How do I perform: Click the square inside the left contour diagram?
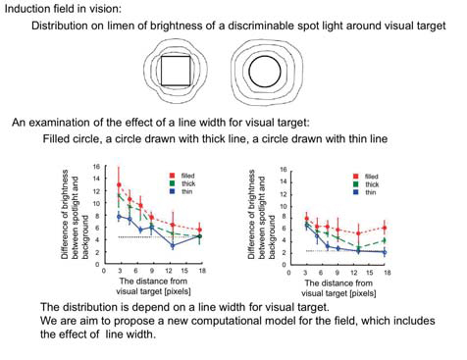176,72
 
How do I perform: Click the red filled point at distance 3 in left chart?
120,185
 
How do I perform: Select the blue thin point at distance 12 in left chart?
173,243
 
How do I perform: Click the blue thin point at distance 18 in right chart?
386,253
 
